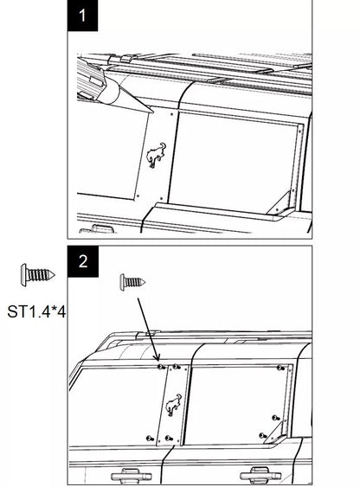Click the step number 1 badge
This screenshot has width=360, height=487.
point(82,16)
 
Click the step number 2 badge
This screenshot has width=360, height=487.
point(83,261)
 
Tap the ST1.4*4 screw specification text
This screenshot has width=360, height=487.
point(36,311)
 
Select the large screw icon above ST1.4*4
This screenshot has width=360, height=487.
point(37,274)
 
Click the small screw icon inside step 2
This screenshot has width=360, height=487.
point(132,282)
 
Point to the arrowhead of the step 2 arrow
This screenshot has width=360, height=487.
point(157,359)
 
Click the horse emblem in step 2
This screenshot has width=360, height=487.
point(173,405)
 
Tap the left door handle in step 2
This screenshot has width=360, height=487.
point(132,476)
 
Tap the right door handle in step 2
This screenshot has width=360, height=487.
point(260,475)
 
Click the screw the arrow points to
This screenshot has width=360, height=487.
point(161,367)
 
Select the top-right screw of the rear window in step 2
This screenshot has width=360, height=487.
point(280,368)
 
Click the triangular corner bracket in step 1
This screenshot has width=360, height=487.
point(280,204)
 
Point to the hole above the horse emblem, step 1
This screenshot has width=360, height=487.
point(171,114)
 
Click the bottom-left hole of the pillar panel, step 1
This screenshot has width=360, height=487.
point(138,196)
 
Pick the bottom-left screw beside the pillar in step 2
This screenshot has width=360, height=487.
point(150,439)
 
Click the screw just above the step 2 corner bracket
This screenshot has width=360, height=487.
point(275,418)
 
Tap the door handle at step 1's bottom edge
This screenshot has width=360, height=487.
point(96,229)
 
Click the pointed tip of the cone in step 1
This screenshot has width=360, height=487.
point(152,112)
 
